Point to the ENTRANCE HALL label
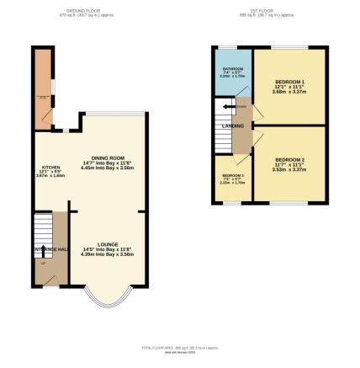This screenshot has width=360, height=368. pyautogui.click(x=50, y=250)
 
